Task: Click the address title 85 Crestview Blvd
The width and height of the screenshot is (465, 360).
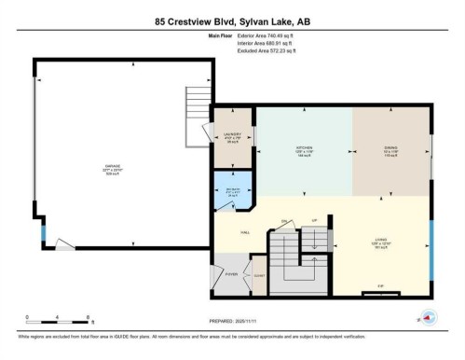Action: [232, 21]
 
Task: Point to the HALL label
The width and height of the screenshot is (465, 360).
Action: [245, 232]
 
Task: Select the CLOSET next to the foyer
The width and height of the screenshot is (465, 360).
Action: [259, 277]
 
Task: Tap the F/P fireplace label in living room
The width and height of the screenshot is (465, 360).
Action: [381, 286]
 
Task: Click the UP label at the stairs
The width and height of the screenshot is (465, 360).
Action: [316, 220]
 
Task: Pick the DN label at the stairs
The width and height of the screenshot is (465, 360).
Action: [284, 220]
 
